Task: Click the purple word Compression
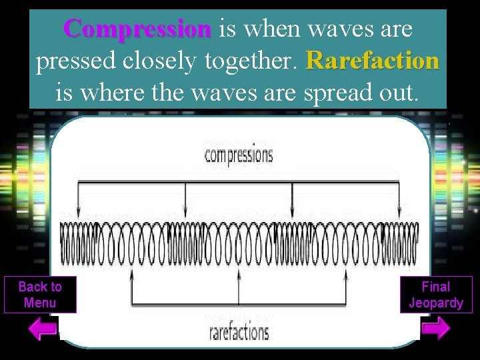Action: (x=137, y=29)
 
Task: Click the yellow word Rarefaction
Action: (x=372, y=61)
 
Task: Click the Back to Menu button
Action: (x=40, y=295)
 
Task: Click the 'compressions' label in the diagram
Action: (x=239, y=155)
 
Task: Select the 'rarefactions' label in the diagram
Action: (x=239, y=331)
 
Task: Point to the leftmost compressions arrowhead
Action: (x=79, y=211)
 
